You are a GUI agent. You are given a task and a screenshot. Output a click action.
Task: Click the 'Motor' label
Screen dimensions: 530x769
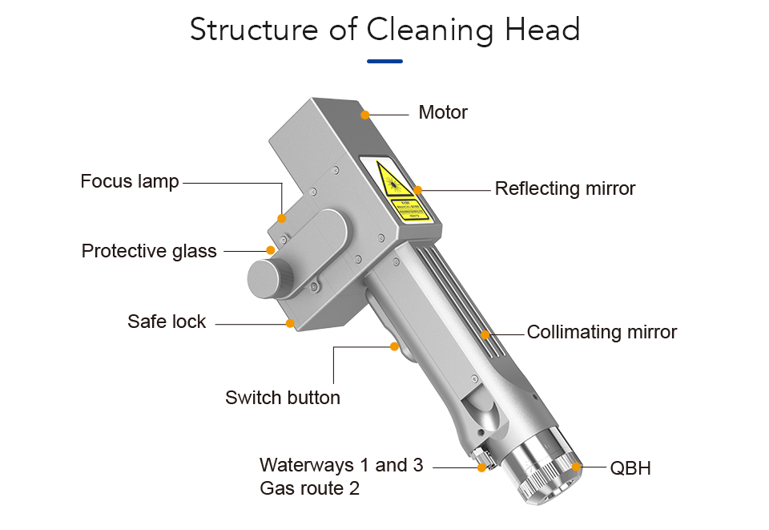(x=443, y=112)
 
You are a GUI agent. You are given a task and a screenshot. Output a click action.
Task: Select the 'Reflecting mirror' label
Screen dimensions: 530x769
(x=565, y=189)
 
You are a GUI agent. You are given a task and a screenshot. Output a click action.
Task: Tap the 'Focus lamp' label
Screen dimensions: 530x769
(x=130, y=182)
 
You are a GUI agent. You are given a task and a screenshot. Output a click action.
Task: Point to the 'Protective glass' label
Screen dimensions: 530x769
(x=149, y=252)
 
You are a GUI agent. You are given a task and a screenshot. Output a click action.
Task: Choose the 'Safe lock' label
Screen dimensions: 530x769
(x=167, y=322)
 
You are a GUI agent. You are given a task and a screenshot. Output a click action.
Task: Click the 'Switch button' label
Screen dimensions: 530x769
(x=283, y=398)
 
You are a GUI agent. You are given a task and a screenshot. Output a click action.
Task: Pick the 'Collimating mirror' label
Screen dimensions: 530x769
(x=602, y=332)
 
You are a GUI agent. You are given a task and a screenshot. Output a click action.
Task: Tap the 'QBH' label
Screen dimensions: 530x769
(x=630, y=468)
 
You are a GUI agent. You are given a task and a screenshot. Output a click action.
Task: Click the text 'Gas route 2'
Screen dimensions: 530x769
(x=310, y=488)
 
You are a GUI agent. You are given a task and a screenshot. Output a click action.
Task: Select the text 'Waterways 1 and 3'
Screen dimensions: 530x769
(x=341, y=465)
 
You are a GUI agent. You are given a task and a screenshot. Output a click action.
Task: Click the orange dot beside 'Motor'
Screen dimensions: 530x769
(x=365, y=115)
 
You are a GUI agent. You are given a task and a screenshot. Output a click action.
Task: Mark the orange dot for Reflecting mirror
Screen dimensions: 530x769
(x=417, y=190)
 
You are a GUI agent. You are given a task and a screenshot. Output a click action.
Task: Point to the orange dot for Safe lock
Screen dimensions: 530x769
(x=290, y=324)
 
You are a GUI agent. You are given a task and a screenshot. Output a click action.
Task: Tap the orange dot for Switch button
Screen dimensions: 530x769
(x=394, y=346)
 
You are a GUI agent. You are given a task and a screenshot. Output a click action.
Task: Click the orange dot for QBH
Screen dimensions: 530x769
(x=577, y=467)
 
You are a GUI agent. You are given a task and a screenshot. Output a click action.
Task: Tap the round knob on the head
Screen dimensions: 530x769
(x=269, y=277)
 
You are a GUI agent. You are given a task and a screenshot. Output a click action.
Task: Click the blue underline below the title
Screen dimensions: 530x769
(x=384, y=61)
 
